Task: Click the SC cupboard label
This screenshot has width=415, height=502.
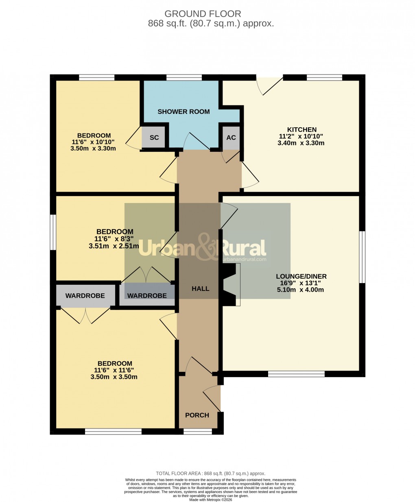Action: [x=154, y=138]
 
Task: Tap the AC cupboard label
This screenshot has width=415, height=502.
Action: [x=231, y=138]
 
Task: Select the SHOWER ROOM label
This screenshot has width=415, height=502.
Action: [x=183, y=111]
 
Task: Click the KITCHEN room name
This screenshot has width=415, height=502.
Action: [x=301, y=130]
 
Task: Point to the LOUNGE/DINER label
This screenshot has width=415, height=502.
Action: [x=301, y=276]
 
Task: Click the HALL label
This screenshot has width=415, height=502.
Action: [x=200, y=288]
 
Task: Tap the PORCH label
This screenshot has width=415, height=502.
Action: [x=197, y=415]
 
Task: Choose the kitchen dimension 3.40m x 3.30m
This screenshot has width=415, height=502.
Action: [x=301, y=143]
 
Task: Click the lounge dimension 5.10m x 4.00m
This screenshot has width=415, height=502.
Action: [x=301, y=290]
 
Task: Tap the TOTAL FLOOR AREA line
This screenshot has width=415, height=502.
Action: [x=210, y=473]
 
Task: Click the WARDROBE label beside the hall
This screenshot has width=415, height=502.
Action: [x=147, y=296]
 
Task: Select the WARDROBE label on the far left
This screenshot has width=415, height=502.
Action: [x=85, y=296]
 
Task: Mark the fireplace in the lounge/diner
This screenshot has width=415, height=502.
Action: [x=231, y=284]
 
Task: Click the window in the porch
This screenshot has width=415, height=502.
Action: [x=197, y=431]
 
